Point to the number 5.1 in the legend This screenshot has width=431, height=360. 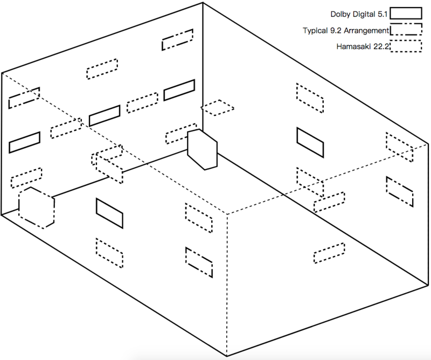383,14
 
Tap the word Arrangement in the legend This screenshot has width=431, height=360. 366,31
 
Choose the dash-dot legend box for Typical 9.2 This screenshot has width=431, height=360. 406,24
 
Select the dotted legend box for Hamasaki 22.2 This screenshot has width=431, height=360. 406,40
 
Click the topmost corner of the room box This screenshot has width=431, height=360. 203,3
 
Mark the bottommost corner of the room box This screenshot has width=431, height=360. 227,356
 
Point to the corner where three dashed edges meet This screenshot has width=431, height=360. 227,214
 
